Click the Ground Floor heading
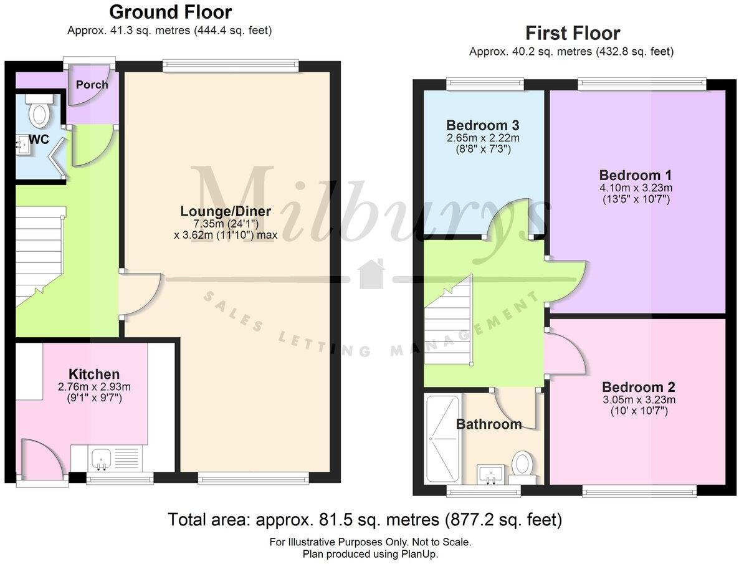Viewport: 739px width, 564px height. (170, 12)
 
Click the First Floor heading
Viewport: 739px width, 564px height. (572, 32)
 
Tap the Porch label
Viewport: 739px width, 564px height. (92, 85)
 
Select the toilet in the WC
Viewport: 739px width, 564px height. (40, 113)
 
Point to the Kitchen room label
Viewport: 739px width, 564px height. (94, 375)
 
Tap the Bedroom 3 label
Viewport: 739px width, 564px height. (483, 124)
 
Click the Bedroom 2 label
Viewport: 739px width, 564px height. (638, 387)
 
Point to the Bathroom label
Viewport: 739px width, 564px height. (489, 424)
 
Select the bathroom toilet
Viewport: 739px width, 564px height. (522, 465)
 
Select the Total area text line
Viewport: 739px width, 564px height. (365, 519)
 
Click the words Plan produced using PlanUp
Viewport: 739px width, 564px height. (370, 553)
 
